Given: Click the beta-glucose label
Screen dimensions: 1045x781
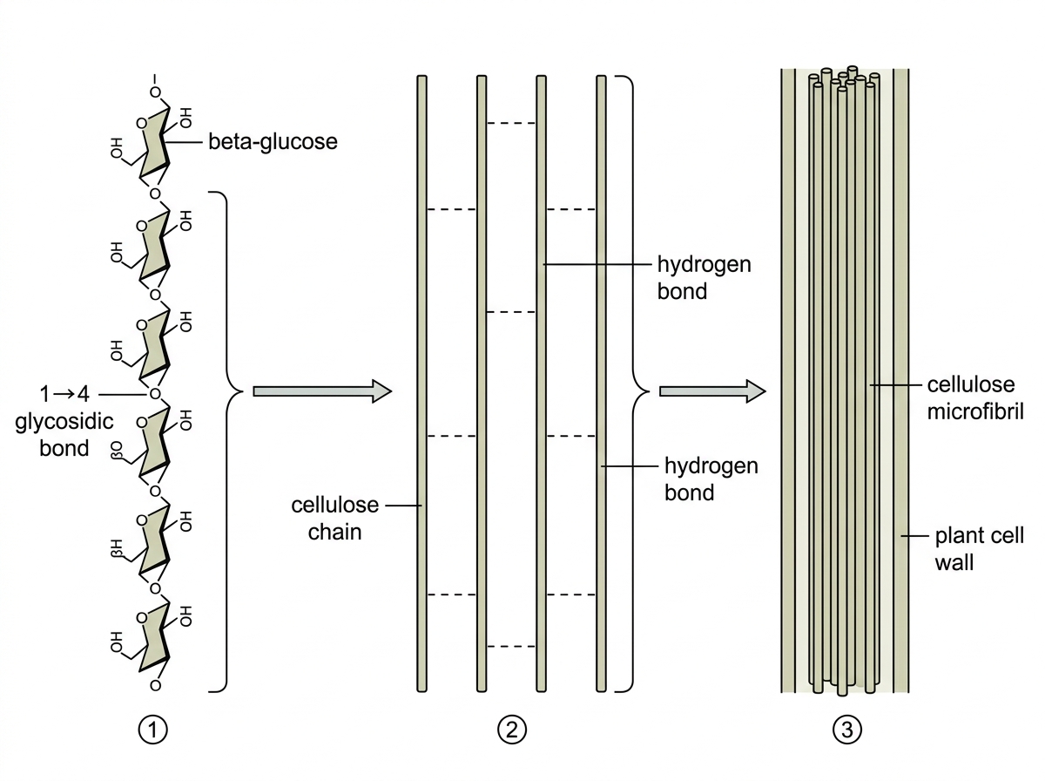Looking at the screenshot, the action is coord(273,142).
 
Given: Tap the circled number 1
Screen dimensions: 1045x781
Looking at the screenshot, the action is coord(152,730).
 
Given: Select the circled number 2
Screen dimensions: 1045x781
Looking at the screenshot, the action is coord(512,730).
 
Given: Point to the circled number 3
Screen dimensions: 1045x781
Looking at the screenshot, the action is coord(847,730).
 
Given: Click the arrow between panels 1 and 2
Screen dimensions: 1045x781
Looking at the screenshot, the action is coord(322,391).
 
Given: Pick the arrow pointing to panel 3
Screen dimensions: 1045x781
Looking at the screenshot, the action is coord(712,391).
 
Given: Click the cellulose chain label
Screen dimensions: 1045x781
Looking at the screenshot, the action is coord(334,519).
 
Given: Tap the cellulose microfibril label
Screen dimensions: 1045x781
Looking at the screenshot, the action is coord(975,397).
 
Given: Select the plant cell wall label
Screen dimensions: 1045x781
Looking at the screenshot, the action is coord(979,549).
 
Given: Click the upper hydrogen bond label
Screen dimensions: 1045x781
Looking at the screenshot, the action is coord(705,277).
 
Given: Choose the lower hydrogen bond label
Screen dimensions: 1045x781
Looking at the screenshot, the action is coord(711,479).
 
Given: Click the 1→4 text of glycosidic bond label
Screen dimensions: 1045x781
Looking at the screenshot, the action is coord(64,394).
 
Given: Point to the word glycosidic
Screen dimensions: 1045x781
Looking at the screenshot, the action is coord(64,422).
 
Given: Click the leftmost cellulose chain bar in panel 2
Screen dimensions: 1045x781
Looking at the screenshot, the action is coord(421,384).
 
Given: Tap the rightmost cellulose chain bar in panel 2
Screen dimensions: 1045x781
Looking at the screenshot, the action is coord(601,384).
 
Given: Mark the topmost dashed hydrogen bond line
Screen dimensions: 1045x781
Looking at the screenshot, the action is coord(511,123).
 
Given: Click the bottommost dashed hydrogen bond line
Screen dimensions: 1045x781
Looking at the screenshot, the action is coord(511,647).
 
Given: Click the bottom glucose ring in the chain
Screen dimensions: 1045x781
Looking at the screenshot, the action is coord(154,639).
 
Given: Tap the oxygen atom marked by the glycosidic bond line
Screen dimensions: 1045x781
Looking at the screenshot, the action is coord(155,394).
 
